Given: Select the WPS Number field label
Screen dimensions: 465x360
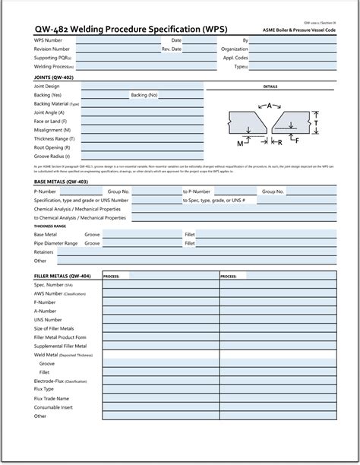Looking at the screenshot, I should click(49, 40).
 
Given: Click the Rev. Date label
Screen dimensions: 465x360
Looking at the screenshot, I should click(171, 49).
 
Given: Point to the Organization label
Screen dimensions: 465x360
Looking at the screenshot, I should click(235, 49).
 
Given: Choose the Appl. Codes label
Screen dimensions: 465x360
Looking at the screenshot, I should click(236, 58).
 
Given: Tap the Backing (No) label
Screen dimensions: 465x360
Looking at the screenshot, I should click(144, 95).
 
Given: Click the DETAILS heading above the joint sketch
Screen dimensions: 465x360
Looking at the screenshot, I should click(270, 87).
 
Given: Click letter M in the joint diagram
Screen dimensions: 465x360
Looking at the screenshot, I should click(240, 142).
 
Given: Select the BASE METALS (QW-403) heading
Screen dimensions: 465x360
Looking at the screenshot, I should click(62, 183).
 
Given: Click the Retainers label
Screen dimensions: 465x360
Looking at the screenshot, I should click(44, 251).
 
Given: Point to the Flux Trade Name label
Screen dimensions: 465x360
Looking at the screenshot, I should click(52, 398).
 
